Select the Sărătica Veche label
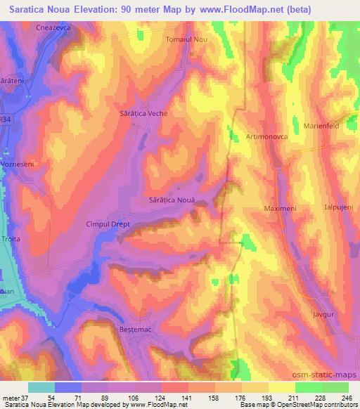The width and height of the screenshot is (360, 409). [x=142, y=112]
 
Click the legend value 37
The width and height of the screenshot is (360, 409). [x=20, y=398]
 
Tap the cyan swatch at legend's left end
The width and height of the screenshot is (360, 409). [x=41, y=387]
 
